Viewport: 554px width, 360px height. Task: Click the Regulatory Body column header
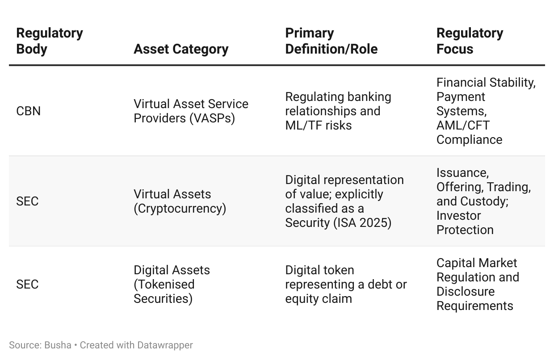pos(50,41)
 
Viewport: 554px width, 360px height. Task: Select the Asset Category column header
pos(181,49)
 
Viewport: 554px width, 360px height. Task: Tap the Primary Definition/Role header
pos(331,41)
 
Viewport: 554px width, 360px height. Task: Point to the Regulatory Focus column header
pos(470,41)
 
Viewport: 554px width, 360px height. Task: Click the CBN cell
pos(28,111)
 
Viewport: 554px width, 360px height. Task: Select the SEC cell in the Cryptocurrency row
pos(27,201)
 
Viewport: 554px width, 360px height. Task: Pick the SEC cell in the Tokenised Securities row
pos(27,284)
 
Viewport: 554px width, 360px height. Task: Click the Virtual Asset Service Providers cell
pos(191,111)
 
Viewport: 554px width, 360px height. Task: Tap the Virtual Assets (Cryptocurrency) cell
pos(180,201)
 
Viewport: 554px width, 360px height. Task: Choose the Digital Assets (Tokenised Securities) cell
pos(172,284)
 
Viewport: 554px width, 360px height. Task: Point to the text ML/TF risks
pos(318,126)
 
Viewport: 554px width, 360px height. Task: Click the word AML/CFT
pos(463,126)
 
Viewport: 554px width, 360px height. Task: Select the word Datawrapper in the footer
pos(165,345)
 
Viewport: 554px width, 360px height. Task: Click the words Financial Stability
pos(486,83)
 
